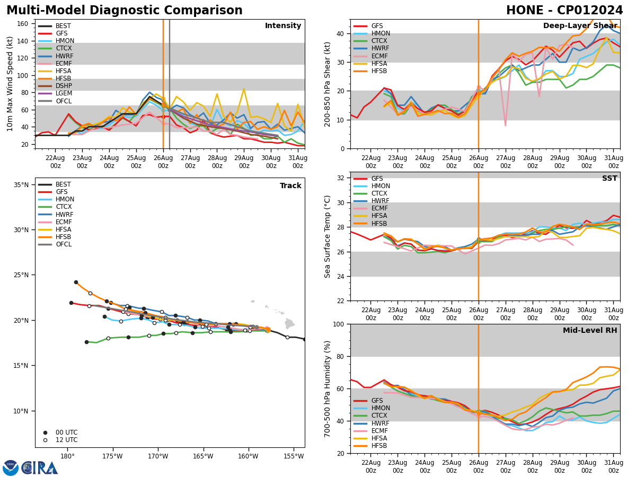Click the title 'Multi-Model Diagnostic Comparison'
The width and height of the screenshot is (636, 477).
click(124, 11)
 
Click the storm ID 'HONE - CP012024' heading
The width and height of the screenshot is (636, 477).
click(564, 11)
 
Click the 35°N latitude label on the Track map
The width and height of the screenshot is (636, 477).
click(21, 185)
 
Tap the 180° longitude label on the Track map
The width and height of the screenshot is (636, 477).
click(67, 456)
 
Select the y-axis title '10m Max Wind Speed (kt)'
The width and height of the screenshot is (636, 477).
click(10, 84)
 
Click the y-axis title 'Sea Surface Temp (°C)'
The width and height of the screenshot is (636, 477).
click(328, 236)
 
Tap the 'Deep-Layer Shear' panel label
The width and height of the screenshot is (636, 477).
click(579, 26)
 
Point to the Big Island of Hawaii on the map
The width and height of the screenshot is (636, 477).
click(289, 323)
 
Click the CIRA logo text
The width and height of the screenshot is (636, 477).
click(40, 468)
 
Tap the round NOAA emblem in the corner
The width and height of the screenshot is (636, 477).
click(10, 468)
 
